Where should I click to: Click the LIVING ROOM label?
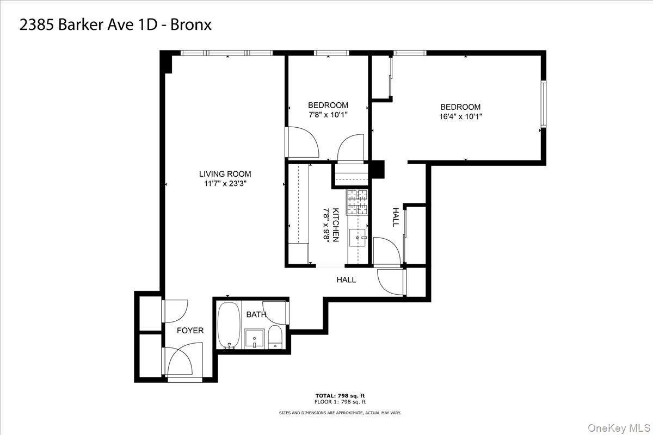[x=225, y=174]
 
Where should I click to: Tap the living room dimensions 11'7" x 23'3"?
[x=225, y=183]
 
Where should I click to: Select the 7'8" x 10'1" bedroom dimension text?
[x=328, y=115]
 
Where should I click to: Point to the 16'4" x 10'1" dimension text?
[x=460, y=116]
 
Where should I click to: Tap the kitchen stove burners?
[x=358, y=202]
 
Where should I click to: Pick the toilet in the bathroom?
[x=275, y=337]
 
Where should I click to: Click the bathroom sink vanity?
[x=254, y=338]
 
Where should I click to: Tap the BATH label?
[x=256, y=314]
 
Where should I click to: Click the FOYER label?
[x=190, y=331]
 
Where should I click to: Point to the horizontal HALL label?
[x=346, y=280]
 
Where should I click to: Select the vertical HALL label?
[x=396, y=217]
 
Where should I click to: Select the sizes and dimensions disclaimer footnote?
[x=340, y=413]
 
